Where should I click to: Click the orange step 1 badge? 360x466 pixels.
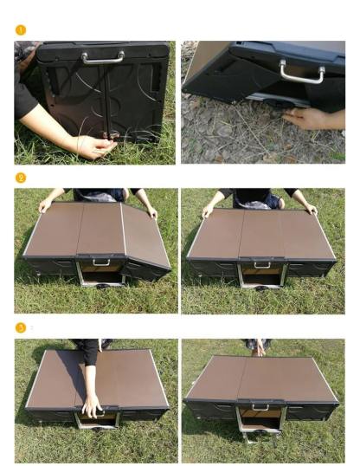pyautogui.click(x=21, y=30)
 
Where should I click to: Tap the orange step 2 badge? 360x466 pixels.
pyautogui.click(x=21, y=178)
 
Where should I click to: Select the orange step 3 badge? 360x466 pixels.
pyautogui.click(x=21, y=327)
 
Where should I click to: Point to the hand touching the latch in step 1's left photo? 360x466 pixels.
pyautogui.click(x=95, y=146)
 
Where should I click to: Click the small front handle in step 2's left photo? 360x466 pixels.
pyautogui.click(x=101, y=263)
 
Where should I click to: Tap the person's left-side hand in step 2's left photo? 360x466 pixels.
pyautogui.click(x=45, y=205)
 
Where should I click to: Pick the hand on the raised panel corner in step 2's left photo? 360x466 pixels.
pyautogui.click(x=152, y=212)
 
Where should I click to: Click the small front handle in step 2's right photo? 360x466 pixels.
pyautogui.click(x=262, y=266)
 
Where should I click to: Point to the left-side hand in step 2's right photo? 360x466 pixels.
pyautogui.click(x=207, y=212)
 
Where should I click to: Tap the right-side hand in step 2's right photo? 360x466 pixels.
pyautogui.click(x=311, y=209)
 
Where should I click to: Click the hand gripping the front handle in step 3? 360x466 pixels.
pyautogui.click(x=92, y=406)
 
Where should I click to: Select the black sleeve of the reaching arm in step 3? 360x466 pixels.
pyautogui.click(x=89, y=353)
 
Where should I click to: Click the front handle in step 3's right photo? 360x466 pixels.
pyautogui.click(x=260, y=408)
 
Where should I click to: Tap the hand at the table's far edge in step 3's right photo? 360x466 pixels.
pyautogui.click(x=259, y=347)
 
